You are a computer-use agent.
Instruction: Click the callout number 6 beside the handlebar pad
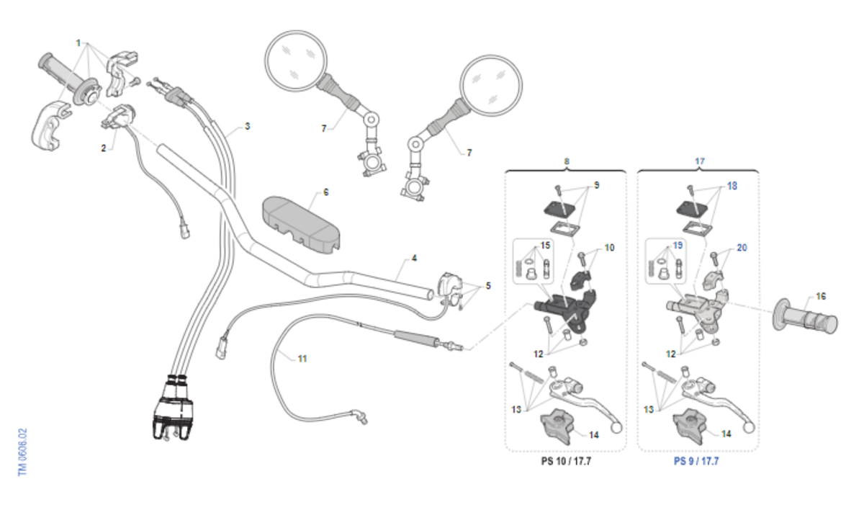click(325, 192)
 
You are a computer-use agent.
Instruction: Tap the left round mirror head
click(296, 60)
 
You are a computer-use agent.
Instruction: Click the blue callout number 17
click(698, 162)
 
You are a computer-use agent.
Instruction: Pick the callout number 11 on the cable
click(302, 358)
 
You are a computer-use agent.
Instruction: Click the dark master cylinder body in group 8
click(565, 310)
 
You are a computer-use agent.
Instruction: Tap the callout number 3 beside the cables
click(247, 126)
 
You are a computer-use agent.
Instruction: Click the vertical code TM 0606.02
click(22, 451)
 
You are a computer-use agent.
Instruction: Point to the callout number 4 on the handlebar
click(414, 258)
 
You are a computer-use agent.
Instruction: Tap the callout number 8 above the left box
click(567, 162)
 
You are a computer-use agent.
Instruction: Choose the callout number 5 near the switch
click(488, 286)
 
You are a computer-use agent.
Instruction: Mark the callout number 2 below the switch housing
click(104, 148)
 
